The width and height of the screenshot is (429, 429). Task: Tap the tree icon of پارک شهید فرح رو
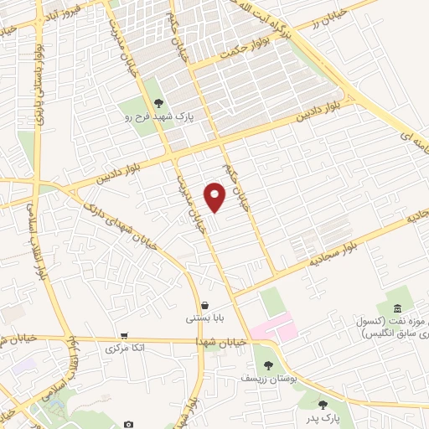pos(159,103)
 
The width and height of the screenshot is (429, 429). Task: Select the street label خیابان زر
pos(321,24)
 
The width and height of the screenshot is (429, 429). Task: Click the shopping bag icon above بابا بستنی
pos(204,305)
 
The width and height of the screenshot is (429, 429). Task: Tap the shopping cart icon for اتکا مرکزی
pos(124,334)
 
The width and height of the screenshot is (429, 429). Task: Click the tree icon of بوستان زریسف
pos(268,365)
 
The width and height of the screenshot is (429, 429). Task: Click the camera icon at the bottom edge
pos(127,425)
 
